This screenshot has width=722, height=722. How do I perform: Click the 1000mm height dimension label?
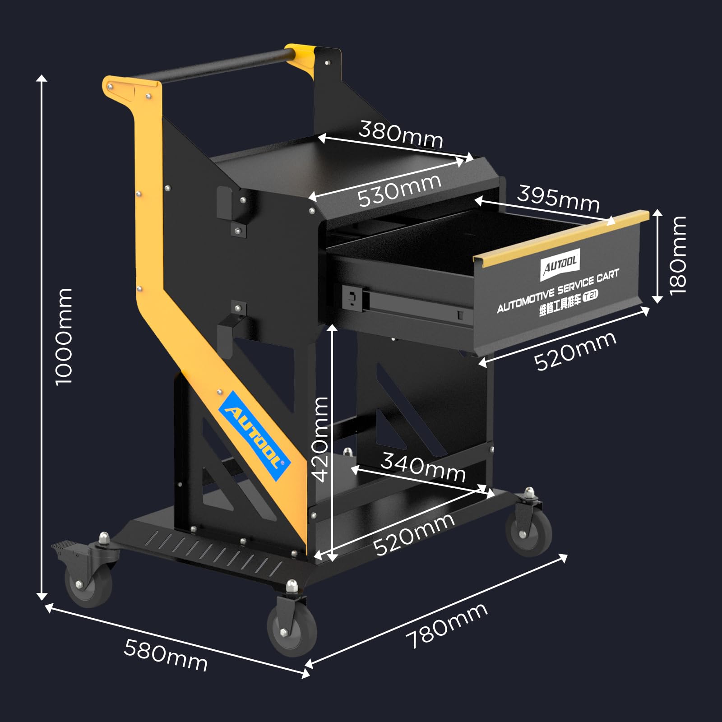(x=64, y=337)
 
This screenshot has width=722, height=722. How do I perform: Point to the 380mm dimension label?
(x=401, y=134)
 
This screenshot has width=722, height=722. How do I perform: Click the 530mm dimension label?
(x=399, y=190)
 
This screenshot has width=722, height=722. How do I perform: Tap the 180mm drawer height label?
(x=678, y=255)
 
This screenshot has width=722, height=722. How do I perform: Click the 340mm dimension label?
(x=423, y=467)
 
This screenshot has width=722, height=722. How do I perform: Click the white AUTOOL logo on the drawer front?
(x=560, y=264)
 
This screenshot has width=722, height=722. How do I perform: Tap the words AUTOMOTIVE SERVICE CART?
(x=558, y=291)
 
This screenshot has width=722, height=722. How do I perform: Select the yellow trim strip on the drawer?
(x=561, y=236)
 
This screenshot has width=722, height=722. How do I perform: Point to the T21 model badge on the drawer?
(x=591, y=296)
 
